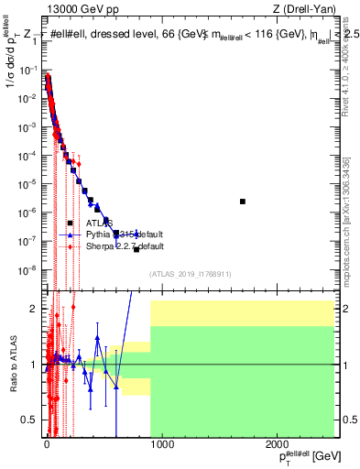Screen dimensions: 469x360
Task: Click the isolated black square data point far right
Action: point(243,202)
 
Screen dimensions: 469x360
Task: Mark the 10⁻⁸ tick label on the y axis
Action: point(29,269)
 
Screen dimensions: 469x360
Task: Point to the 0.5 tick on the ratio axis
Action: point(30,420)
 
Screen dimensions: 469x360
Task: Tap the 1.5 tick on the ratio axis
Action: point(30,336)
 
